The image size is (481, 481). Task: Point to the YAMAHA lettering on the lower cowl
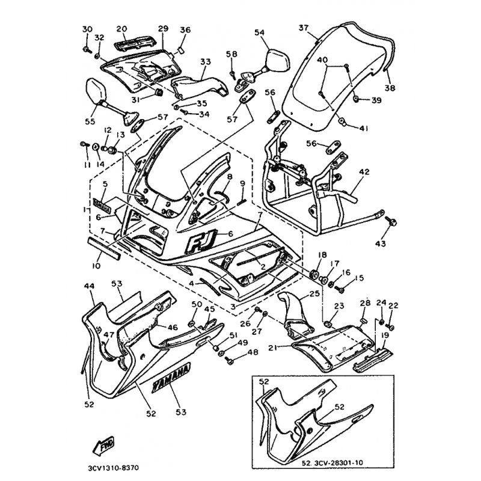170,376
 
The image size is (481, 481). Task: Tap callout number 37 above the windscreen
303,28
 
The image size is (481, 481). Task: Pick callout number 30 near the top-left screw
87,29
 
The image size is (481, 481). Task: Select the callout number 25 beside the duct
314,294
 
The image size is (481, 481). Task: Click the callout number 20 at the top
121,29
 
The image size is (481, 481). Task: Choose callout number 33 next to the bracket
206,61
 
